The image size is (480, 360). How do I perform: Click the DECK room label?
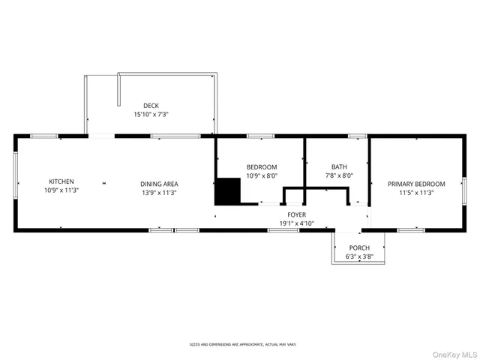pyautogui.click(x=151, y=106)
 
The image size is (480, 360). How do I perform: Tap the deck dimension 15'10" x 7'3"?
pyautogui.click(x=151, y=115)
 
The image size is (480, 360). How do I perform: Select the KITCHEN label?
pyautogui.click(x=61, y=181)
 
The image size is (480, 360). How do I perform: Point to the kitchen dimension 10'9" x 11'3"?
pyautogui.click(x=61, y=190)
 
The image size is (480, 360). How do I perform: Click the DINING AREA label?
pyautogui.click(x=159, y=184)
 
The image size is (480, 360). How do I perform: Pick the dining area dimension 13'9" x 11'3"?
pyautogui.click(x=159, y=193)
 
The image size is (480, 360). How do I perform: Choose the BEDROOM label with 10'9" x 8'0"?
pyautogui.click(x=262, y=166)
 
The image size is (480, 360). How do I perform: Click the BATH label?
pyautogui.click(x=339, y=166)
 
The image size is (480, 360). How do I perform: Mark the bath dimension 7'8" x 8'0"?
pyautogui.click(x=339, y=175)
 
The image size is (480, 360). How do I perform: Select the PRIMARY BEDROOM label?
pyautogui.click(x=416, y=184)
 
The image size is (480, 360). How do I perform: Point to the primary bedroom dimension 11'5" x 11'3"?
pyautogui.click(x=416, y=193)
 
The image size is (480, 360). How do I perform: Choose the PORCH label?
pyautogui.click(x=359, y=248)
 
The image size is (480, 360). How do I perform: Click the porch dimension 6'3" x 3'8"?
pyautogui.click(x=359, y=256)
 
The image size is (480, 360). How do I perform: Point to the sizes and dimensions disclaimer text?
pyautogui.click(x=242, y=344)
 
